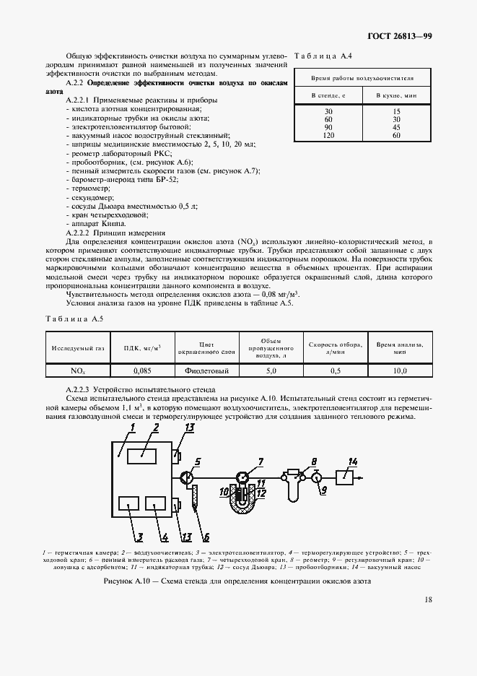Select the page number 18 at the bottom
[429, 599]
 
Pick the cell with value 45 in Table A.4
[395, 127]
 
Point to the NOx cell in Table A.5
[77, 370]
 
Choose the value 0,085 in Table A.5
[142, 370]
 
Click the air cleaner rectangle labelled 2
[141, 454]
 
